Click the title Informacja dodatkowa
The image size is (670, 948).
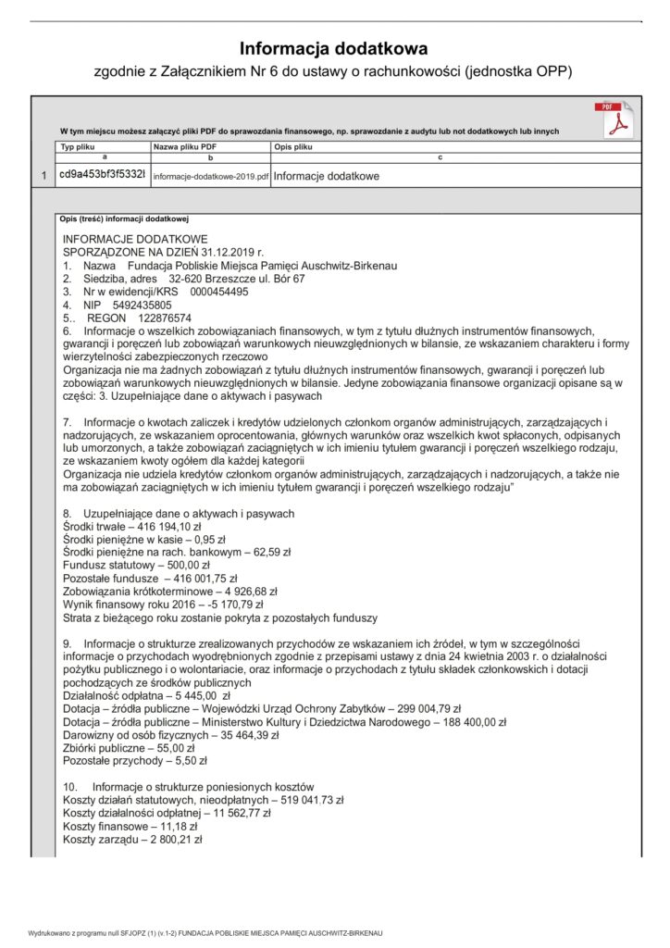pyautogui.click(x=334, y=48)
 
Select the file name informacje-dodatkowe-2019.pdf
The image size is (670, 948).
pyautogui.click(x=211, y=176)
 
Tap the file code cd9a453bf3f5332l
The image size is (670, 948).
pyautogui.click(x=101, y=175)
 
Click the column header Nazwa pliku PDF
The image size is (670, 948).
pyautogui.click(x=185, y=147)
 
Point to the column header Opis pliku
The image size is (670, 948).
pyautogui.click(x=293, y=147)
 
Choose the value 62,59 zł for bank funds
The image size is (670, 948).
pyautogui.click(x=267, y=551)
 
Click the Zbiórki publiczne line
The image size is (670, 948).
pyautogui.click(x=128, y=747)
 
